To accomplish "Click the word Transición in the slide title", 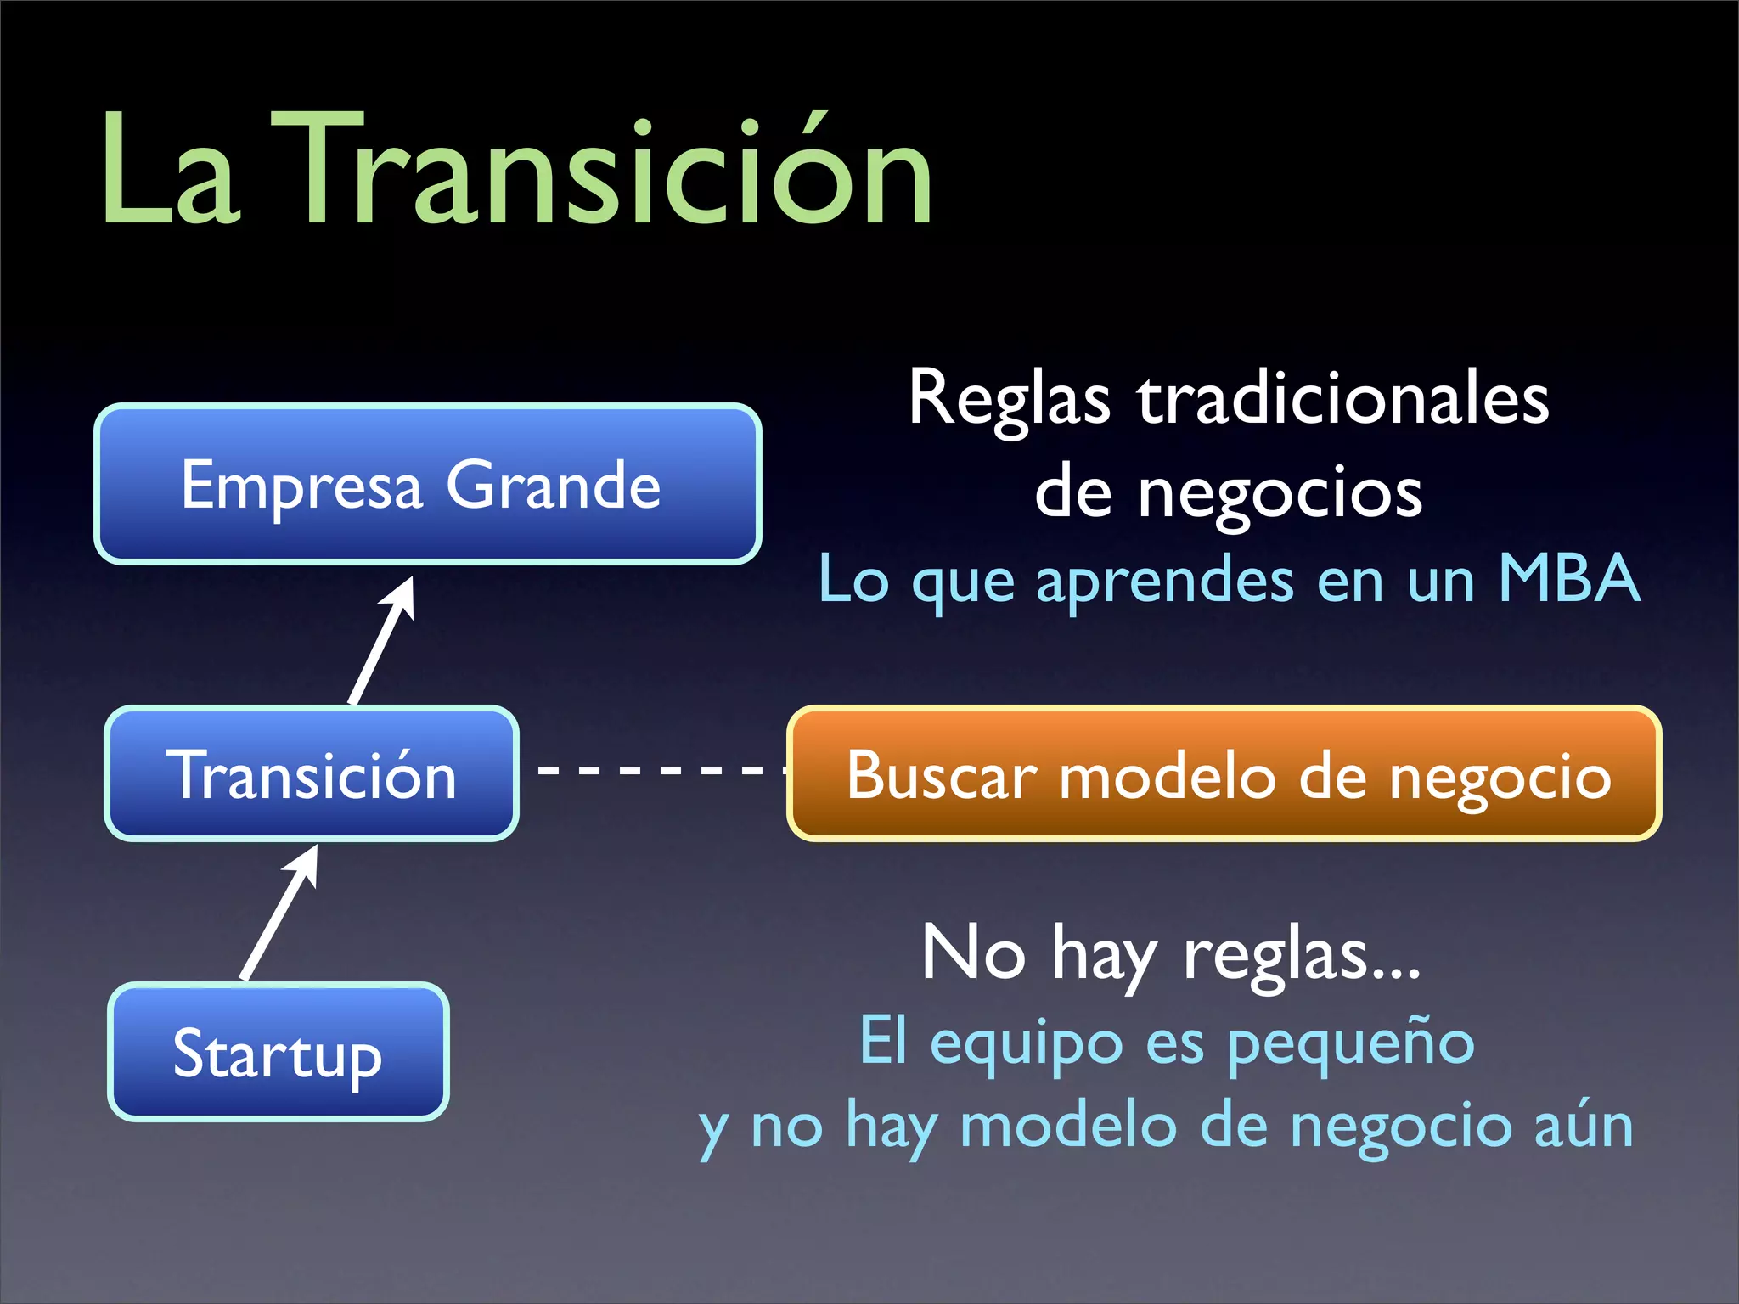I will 603,174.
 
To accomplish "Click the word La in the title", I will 170,174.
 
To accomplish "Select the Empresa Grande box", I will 427,484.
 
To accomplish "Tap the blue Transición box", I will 312,773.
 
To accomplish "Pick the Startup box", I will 278,1053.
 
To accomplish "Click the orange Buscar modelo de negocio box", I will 1224,773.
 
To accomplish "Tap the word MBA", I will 1569,579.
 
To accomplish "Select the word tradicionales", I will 1343,399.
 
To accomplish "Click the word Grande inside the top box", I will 554,486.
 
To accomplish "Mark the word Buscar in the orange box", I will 941,775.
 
